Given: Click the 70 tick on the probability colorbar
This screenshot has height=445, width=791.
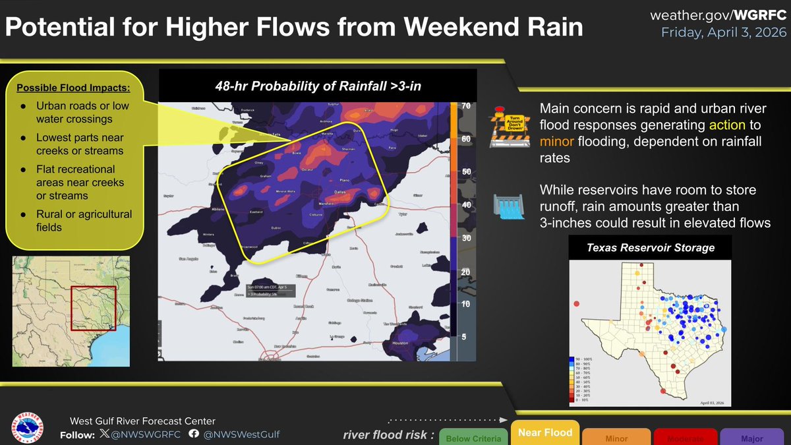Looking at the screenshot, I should tap(465, 106).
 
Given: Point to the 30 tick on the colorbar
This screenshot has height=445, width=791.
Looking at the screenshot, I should tap(465, 238).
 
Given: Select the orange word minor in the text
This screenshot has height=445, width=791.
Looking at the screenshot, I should tap(558, 140).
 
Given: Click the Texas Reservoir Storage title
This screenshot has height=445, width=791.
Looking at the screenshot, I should tap(651, 249).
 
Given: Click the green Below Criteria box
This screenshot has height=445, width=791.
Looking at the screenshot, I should tap(473, 438).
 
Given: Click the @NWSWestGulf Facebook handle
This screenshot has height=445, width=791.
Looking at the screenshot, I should tap(241, 434).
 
